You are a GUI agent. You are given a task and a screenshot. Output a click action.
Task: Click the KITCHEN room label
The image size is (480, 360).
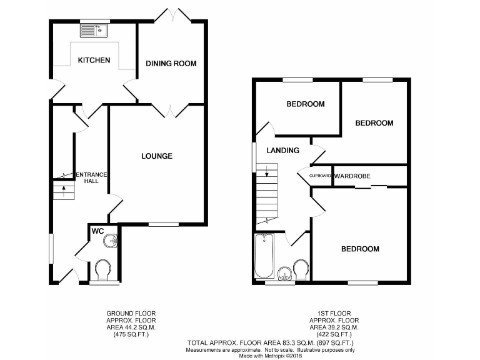click(x=94, y=61)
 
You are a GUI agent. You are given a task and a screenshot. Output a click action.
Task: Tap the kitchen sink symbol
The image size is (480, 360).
click(x=94, y=28)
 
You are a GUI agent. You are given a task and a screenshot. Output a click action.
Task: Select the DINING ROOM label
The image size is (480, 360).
click(x=171, y=64)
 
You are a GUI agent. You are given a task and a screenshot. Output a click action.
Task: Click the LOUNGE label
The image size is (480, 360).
click(x=157, y=156)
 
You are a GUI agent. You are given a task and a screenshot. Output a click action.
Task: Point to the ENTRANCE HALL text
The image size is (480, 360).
click(x=91, y=178)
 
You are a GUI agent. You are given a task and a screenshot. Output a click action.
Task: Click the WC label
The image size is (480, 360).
click(x=97, y=231)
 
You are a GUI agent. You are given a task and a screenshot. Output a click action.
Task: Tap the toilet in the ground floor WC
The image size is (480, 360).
click(x=103, y=271)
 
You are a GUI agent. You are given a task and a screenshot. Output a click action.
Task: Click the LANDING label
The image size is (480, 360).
click(x=282, y=151)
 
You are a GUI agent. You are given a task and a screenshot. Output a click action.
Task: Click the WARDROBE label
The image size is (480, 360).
click(x=352, y=176)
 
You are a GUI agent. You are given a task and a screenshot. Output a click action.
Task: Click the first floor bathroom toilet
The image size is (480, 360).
click(x=301, y=270)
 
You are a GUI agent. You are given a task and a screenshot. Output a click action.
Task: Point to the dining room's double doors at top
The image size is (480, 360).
click(x=172, y=15)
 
